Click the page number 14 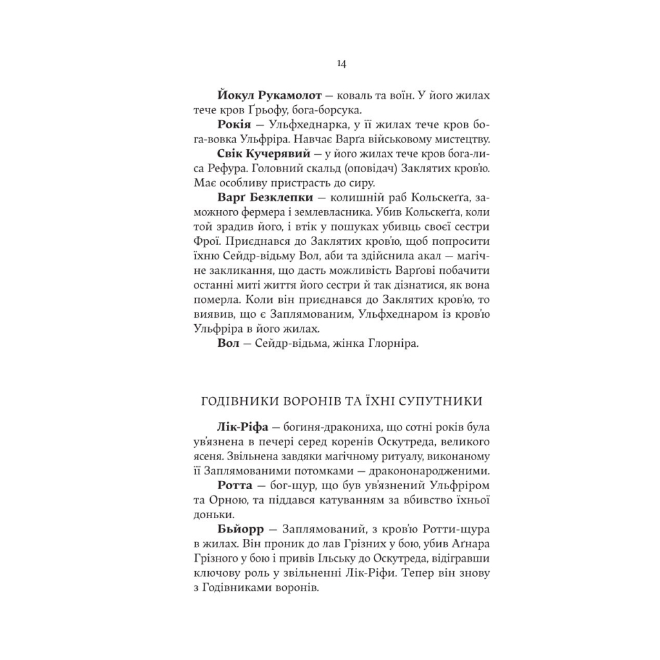[x=342, y=63]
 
